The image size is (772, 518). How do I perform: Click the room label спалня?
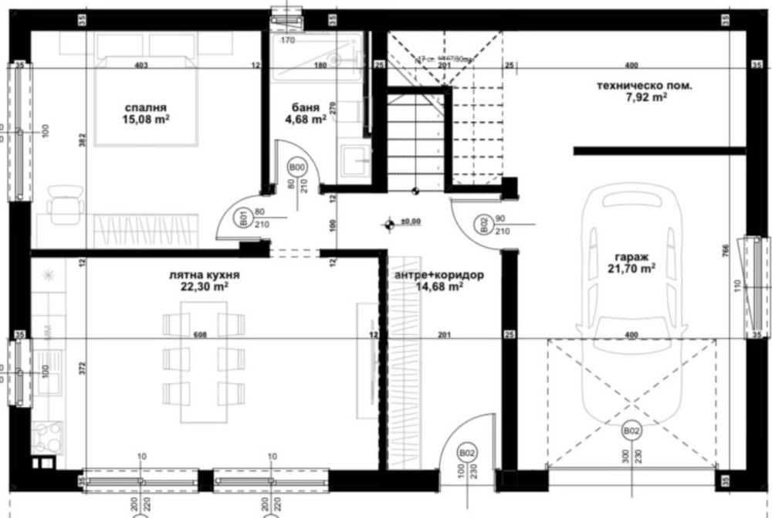click(144, 107)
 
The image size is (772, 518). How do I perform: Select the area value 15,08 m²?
click(144, 120)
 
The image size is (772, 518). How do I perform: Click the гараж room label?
click(631, 256)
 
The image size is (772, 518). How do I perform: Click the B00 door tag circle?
click(297, 167)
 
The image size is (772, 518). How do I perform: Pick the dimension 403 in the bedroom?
click(141, 65)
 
